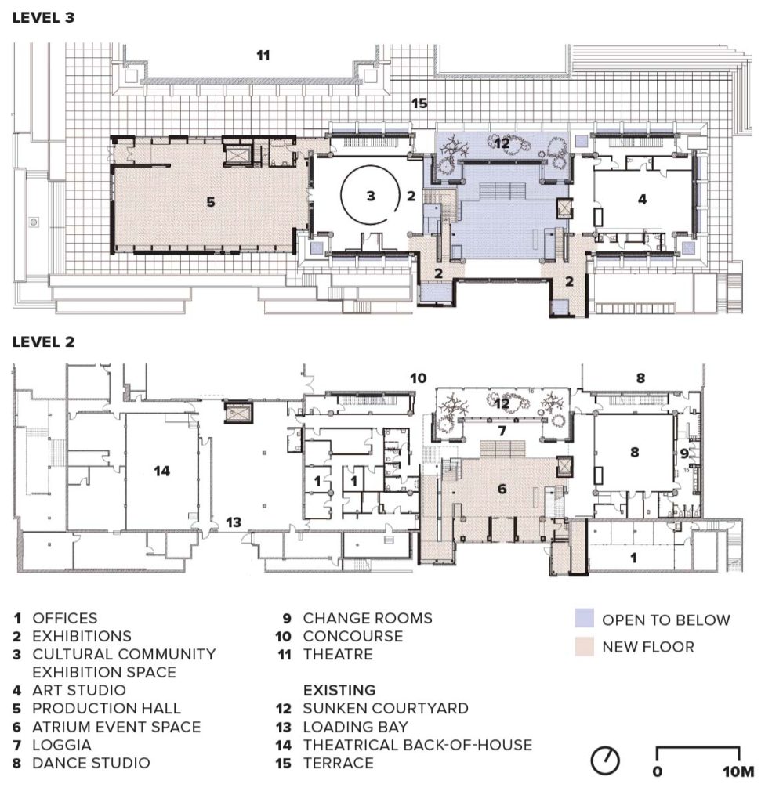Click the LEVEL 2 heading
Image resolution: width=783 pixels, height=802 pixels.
click(43, 342)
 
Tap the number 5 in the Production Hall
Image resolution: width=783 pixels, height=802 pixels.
click(210, 201)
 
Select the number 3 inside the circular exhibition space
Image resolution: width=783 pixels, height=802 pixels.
click(372, 196)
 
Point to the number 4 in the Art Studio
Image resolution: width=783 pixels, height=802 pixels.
click(642, 199)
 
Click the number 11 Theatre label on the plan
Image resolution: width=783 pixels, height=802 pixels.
click(263, 55)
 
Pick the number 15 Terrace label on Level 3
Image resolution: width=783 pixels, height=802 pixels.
click(419, 103)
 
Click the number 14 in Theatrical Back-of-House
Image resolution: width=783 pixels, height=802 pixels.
click(162, 471)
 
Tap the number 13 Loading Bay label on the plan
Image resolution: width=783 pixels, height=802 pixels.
click(233, 521)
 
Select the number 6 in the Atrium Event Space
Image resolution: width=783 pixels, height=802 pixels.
click(502, 489)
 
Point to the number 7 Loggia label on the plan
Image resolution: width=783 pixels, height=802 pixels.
click(502, 432)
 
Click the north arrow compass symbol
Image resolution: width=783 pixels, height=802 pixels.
click(607, 759)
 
